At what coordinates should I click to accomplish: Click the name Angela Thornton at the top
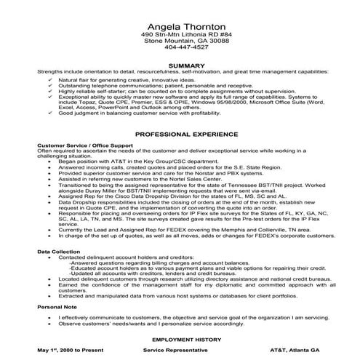(x=180, y=25)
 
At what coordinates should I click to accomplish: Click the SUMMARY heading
(x=180, y=66)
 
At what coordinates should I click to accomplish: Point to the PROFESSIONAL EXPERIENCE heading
(x=180, y=136)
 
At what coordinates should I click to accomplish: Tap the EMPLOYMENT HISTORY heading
(x=180, y=339)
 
